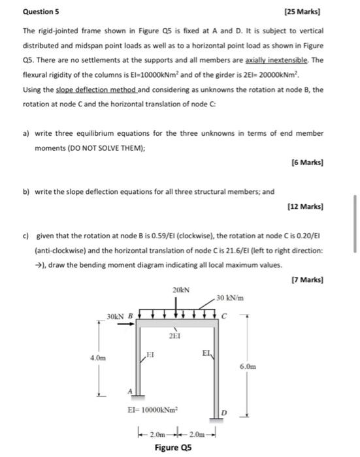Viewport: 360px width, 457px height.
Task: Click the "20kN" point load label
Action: pos(180,289)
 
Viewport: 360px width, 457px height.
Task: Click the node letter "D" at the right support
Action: pos(224,413)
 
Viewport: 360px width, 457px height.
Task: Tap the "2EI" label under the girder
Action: pos(174,336)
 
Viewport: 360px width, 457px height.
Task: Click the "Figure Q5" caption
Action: pos(173,447)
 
